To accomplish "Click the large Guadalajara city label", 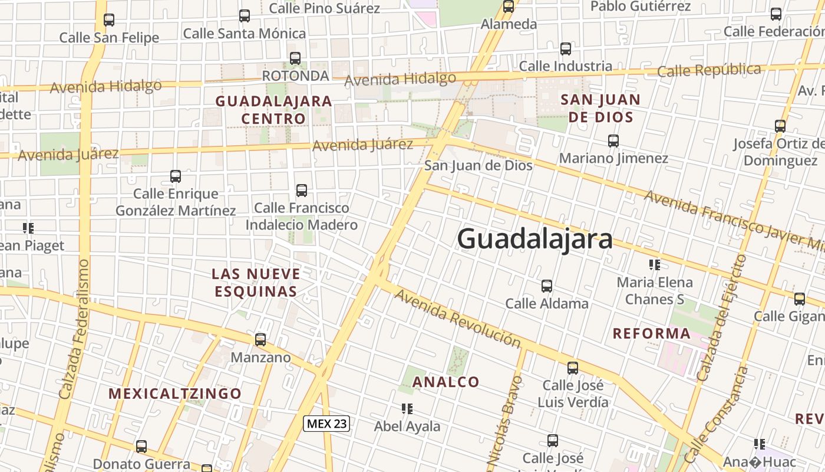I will coord(534,240).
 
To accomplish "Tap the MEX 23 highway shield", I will coord(326,423).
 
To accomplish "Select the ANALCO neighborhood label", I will coord(445,382).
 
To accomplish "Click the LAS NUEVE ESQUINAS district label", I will coord(256,283).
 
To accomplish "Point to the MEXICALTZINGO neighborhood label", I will coord(175,394).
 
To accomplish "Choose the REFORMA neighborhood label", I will coord(651,333).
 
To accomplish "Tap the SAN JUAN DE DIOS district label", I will coord(600,108).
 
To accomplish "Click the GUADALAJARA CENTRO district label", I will coord(273,110).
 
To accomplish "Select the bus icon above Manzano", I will coord(260,340).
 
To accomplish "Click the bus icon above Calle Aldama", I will coord(547,286).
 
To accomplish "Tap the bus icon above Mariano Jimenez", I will coord(613,141).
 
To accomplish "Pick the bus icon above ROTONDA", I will coord(295,58).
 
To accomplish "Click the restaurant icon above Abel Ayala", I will coord(407,408).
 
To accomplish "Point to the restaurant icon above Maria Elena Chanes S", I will coord(654,264).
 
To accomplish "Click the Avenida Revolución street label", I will coord(457,318).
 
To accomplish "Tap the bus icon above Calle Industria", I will coord(566,49).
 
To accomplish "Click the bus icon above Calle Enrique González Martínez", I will coord(175,176).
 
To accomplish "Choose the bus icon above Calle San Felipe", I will coord(109,20).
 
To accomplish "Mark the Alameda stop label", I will coord(509,24).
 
